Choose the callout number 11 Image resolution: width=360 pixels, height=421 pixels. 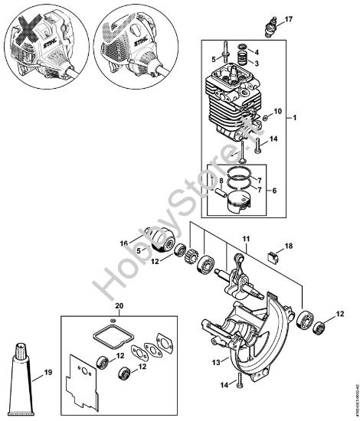244,241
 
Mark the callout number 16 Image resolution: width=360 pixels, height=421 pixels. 123,243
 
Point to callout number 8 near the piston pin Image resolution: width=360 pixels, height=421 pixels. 221,181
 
